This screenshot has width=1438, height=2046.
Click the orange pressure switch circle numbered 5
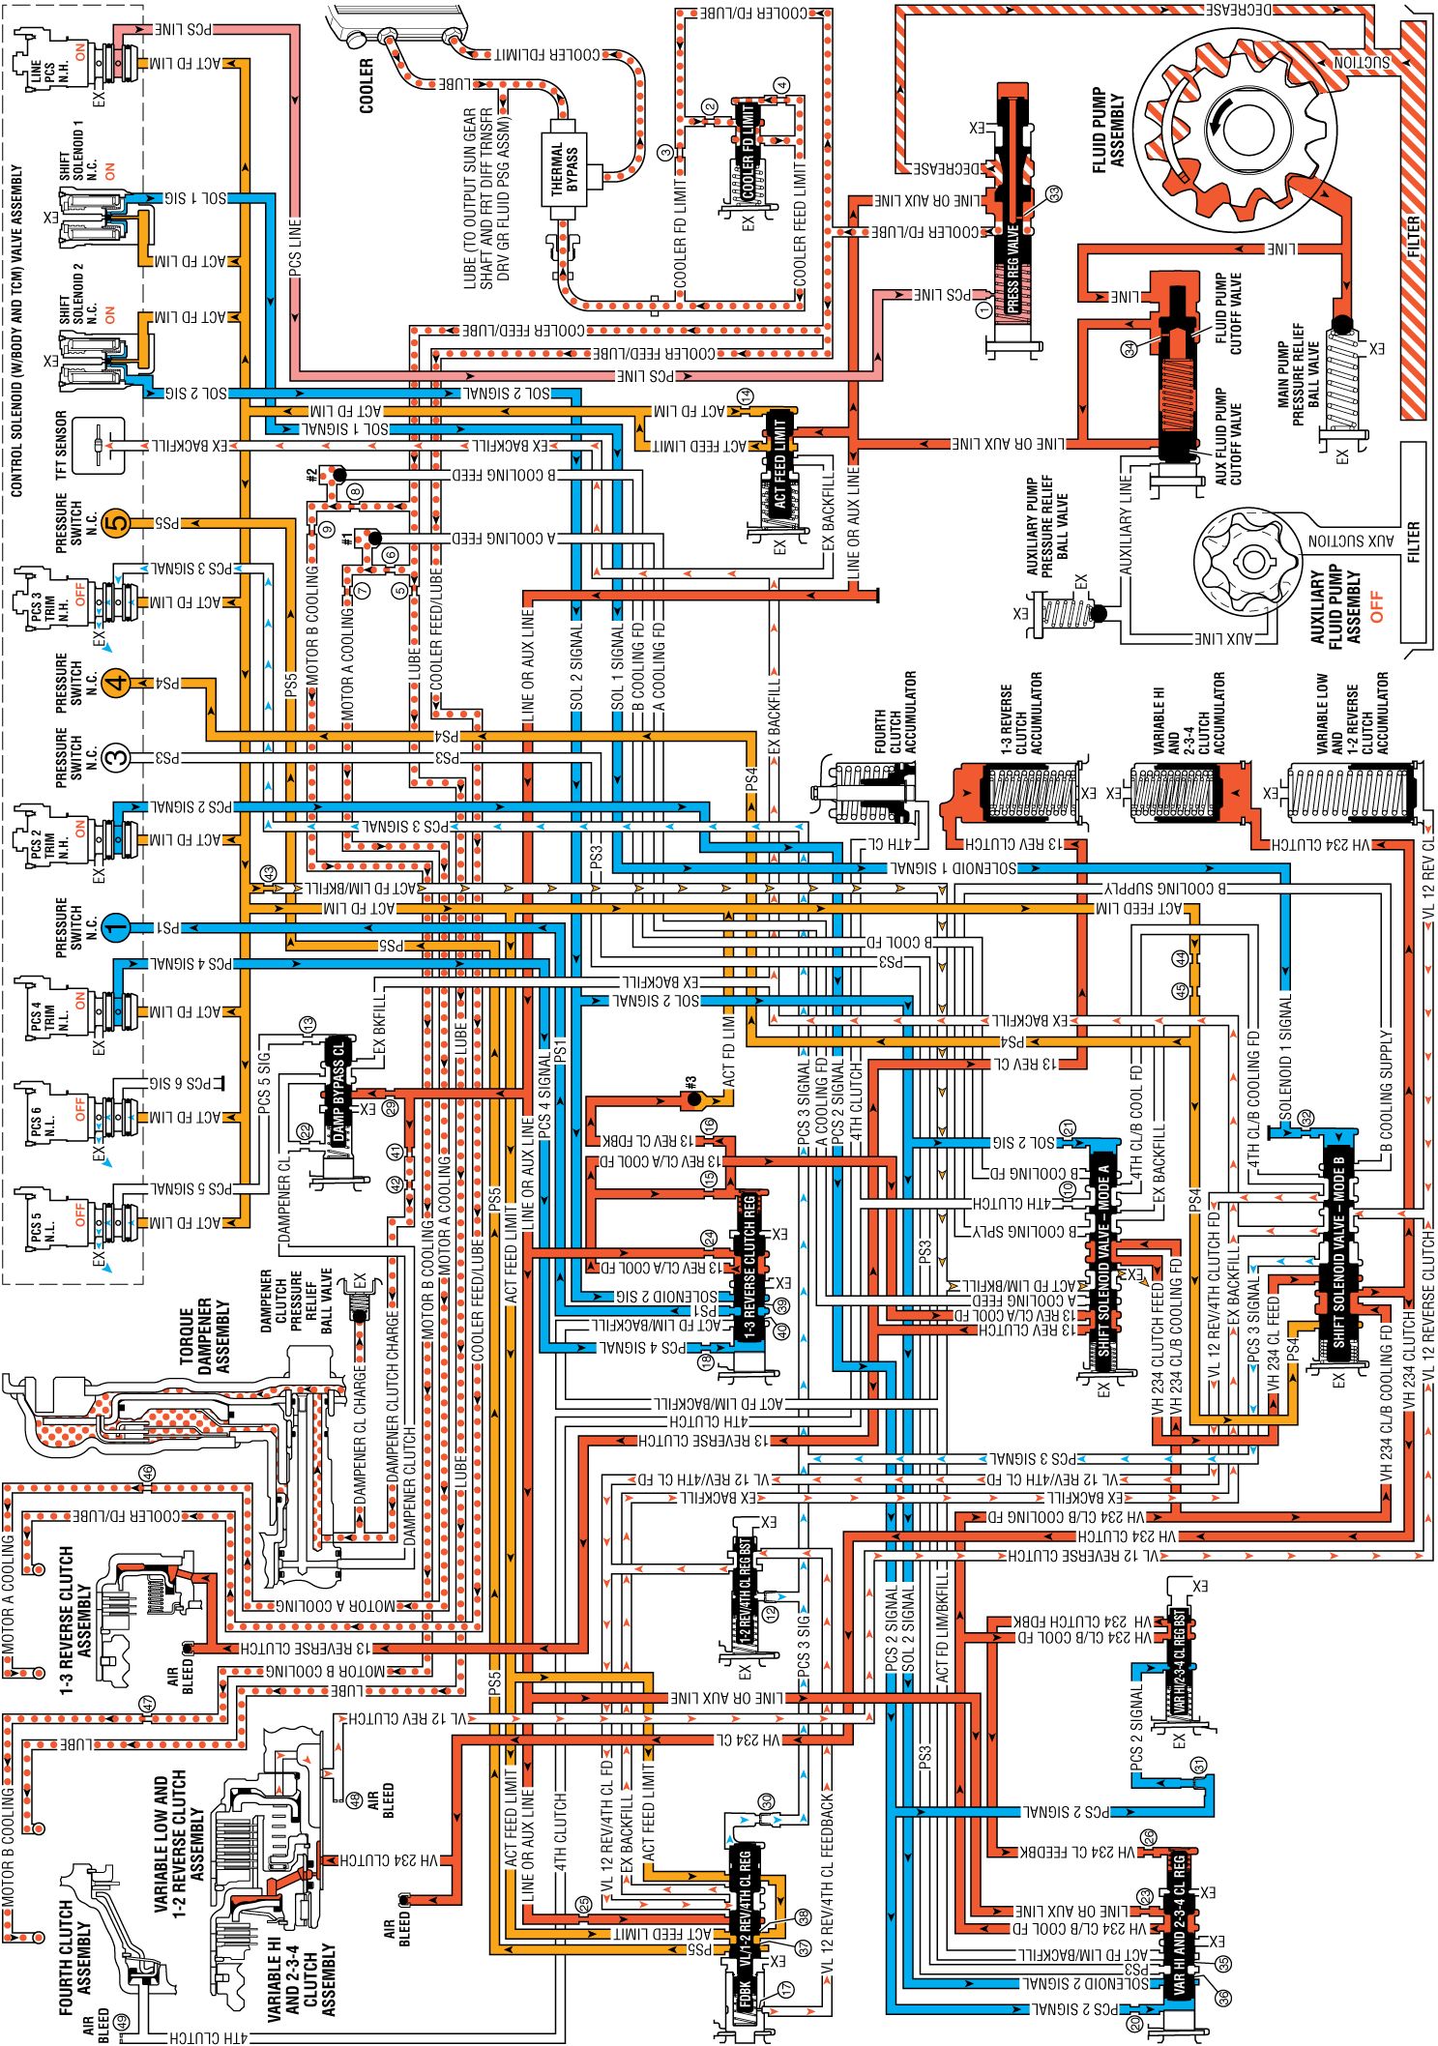[x=116, y=523]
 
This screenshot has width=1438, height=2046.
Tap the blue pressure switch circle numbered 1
[x=115, y=927]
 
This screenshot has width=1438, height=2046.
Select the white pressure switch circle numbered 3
[x=116, y=757]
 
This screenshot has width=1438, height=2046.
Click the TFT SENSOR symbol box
[x=100, y=446]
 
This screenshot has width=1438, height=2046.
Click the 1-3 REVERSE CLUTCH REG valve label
[x=748, y=1268]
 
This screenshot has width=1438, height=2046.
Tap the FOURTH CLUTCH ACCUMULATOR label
[x=895, y=713]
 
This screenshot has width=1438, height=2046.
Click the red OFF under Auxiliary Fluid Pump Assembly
[x=1377, y=607]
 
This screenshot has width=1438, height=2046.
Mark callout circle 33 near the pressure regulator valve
[x=1053, y=193]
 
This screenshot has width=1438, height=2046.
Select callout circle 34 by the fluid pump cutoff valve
[x=1129, y=349]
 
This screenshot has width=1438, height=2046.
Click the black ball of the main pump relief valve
[x=1341, y=325]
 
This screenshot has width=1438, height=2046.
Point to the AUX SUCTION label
[x=1351, y=541]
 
